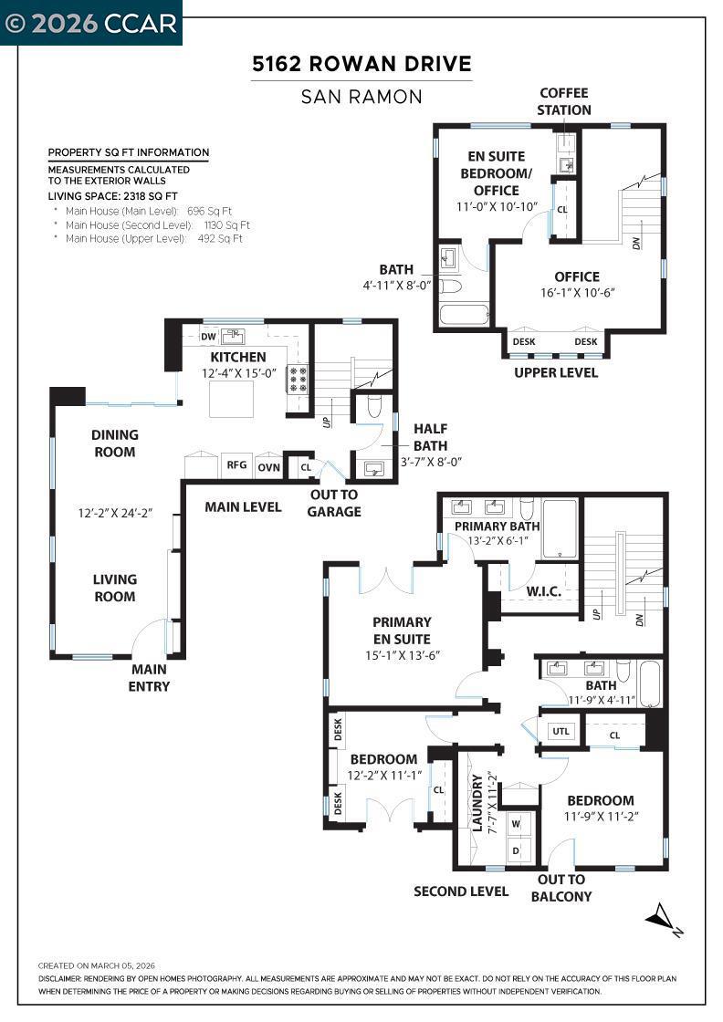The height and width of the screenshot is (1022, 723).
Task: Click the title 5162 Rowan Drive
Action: click(361, 64)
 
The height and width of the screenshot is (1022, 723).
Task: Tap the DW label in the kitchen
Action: click(208, 337)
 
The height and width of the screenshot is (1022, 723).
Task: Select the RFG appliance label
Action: click(236, 464)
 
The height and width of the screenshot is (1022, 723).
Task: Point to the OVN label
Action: click(268, 467)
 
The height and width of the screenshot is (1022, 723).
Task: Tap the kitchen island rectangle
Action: click(232, 399)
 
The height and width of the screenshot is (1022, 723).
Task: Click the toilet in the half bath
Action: click(374, 405)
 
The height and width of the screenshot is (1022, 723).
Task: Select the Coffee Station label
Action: click(564, 101)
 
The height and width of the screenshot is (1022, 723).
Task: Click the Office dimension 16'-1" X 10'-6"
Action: click(578, 293)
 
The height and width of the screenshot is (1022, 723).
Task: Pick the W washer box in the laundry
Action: click(517, 824)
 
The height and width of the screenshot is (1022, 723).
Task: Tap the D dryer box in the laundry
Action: click(517, 850)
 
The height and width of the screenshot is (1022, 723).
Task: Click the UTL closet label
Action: click(561, 731)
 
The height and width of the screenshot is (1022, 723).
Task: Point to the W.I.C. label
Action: click(544, 592)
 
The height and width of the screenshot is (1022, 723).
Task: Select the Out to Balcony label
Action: click(561, 888)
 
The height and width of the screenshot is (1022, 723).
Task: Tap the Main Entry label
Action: click(150, 678)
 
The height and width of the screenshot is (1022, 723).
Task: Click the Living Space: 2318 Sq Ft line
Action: click(113, 196)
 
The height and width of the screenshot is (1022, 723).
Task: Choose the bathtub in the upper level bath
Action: click(464, 314)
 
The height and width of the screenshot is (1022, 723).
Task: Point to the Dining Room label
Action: click(115, 443)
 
